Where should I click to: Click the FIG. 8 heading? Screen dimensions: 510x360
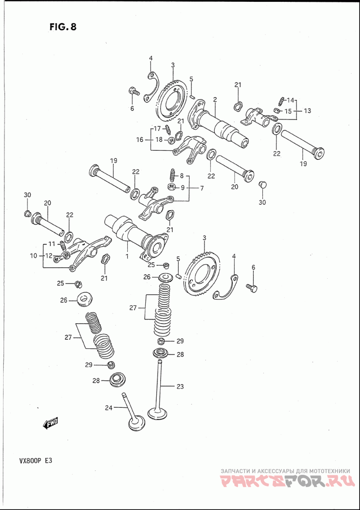pos(63,27)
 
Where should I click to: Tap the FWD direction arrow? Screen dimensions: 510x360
pos(50,423)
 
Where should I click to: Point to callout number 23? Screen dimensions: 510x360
pos(180,386)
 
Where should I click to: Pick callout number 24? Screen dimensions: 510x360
pos(108,408)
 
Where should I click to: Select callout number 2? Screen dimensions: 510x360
pos(216,99)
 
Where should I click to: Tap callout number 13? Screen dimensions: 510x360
pos(307,110)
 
